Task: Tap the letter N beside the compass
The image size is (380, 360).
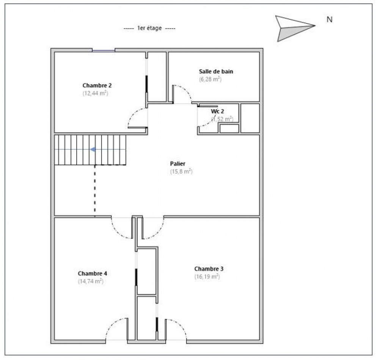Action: (330, 20)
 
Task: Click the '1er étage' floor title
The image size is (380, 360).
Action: (149, 29)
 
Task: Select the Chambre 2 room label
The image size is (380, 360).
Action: (97, 85)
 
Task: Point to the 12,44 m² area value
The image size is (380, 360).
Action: (96, 93)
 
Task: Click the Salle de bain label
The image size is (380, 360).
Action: (216, 71)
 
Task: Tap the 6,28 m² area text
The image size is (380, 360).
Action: (210, 79)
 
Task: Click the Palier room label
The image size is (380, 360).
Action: (177, 164)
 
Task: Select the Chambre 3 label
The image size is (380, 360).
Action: (209, 269)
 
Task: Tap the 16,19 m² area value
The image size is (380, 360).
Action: (207, 277)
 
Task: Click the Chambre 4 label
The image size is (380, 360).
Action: (92, 273)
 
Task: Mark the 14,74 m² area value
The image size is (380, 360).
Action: (91, 281)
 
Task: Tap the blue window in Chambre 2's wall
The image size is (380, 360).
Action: (104, 50)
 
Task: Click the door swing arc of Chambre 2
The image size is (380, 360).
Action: (135, 116)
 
